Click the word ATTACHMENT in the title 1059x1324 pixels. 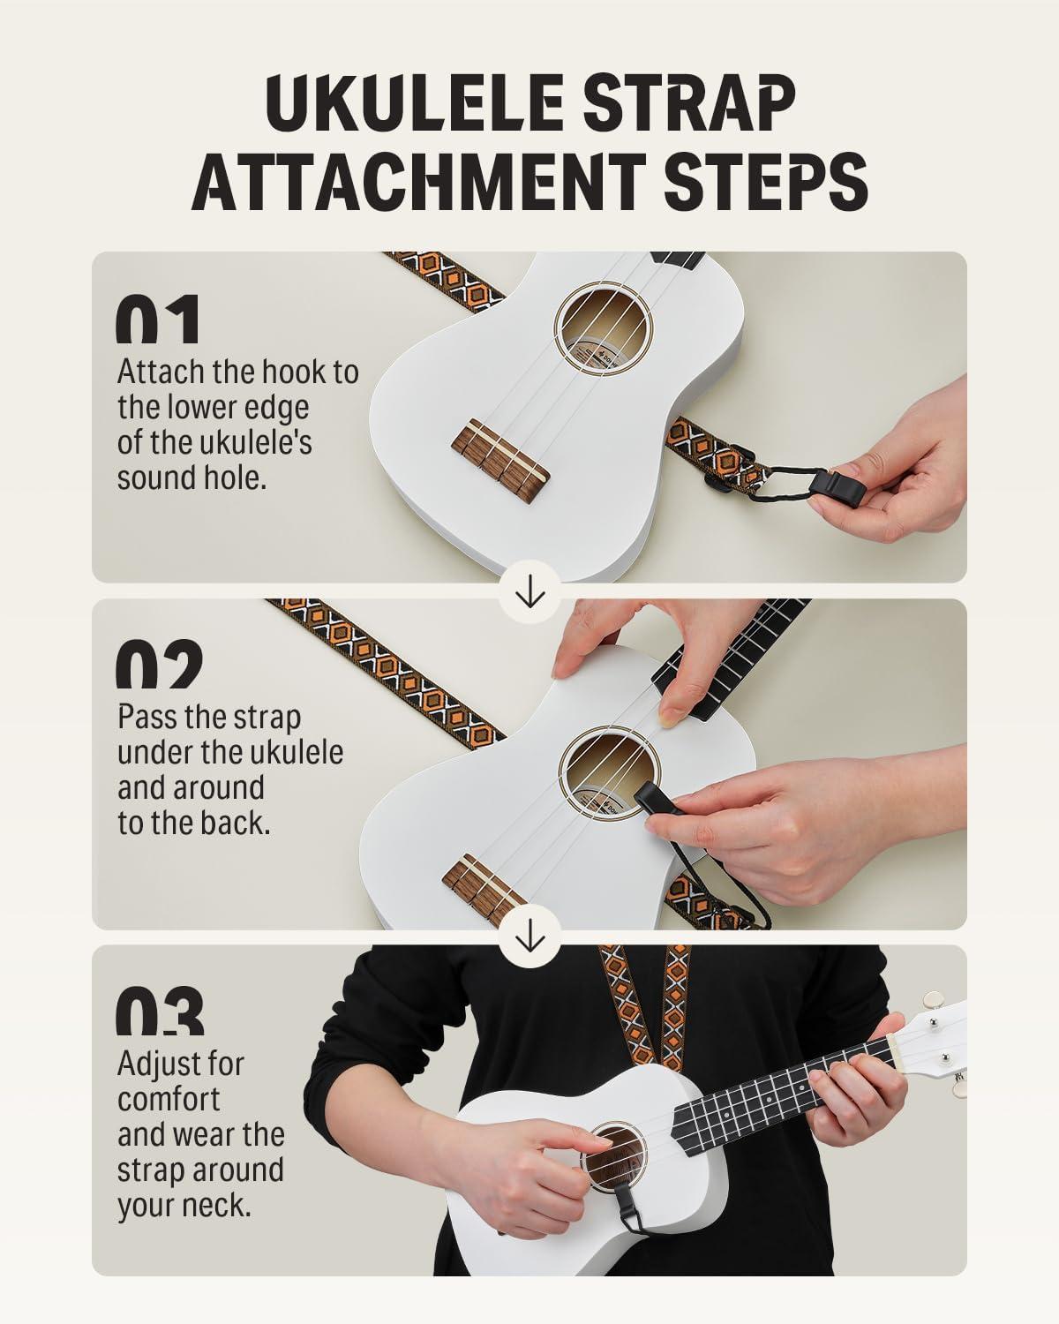(x=418, y=182)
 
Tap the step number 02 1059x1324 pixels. (x=160, y=664)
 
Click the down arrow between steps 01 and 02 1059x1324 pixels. (x=529, y=592)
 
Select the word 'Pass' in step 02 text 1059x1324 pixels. (x=147, y=718)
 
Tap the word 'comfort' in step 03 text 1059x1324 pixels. (x=168, y=1100)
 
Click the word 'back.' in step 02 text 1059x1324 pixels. (x=236, y=824)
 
